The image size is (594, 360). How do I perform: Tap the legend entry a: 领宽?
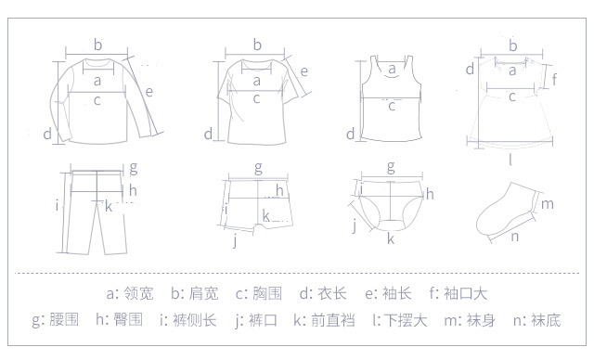(130, 293)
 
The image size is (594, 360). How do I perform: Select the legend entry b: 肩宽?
(195, 293)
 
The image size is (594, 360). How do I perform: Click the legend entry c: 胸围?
(259, 293)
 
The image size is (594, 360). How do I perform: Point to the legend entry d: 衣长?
(323, 293)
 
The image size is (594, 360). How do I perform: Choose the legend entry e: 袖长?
(388, 293)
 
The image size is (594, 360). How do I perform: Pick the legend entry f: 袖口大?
(458, 293)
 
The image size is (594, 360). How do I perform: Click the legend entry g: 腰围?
(56, 320)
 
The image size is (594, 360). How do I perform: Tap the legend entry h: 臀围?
(120, 320)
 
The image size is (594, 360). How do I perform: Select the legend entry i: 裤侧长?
(187, 320)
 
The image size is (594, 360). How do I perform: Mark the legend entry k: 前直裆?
(324, 320)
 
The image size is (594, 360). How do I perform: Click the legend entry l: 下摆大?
(400, 320)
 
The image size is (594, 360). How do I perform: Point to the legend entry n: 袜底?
(536, 320)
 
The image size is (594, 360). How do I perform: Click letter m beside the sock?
(548, 204)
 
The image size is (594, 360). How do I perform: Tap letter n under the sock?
(515, 237)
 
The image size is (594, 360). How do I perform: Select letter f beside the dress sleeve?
(554, 80)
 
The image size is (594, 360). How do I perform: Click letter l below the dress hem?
(510, 160)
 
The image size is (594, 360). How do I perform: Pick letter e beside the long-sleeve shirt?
(148, 92)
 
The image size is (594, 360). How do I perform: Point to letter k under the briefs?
(391, 238)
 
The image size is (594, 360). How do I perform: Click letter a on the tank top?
(392, 70)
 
